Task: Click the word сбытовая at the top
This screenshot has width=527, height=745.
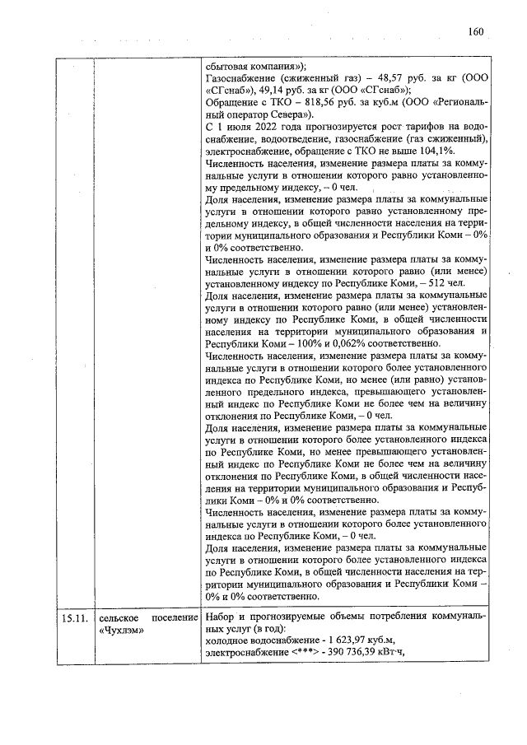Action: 227,67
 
